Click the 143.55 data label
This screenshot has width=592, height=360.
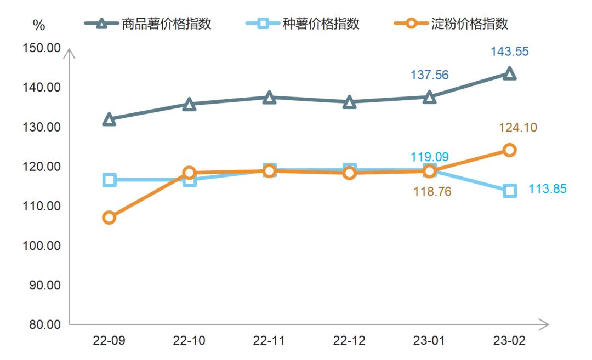(x=510, y=52)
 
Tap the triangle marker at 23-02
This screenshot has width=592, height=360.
(x=510, y=73)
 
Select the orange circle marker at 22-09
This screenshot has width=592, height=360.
(x=109, y=218)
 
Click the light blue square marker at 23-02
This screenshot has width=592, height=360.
(x=510, y=191)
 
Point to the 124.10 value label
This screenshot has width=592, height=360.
(x=518, y=128)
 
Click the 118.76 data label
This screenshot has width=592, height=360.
(x=431, y=192)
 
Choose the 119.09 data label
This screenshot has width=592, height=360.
(x=430, y=157)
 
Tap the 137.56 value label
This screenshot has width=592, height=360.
(x=430, y=75)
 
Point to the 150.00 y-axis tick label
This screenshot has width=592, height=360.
(x=41, y=48)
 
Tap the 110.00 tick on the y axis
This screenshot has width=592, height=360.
(x=41, y=206)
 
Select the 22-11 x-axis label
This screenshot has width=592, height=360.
(x=269, y=341)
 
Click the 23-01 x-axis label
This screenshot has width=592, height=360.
(x=429, y=341)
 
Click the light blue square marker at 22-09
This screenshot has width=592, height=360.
(x=109, y=180)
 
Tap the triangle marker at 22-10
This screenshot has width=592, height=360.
(x=189, y=104)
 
